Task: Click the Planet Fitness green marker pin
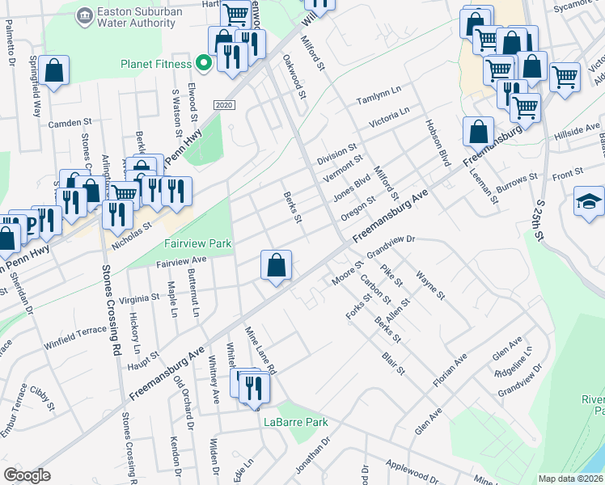tap(204, 63)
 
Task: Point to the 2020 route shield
tap(225, 107)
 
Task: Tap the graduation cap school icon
tap(590, 202)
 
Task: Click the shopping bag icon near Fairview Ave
tap(276, 264)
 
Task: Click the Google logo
tap(27, 475)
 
